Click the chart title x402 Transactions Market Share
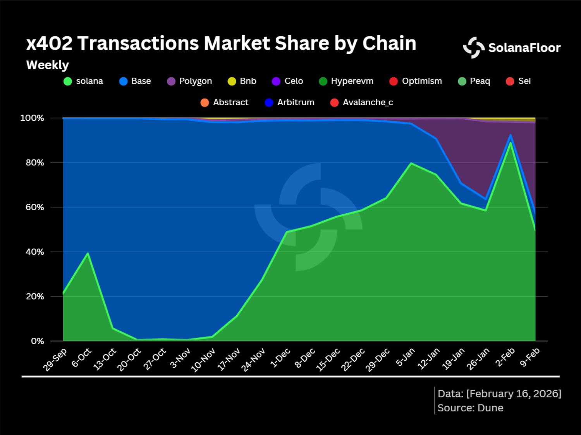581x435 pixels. pos(221,43)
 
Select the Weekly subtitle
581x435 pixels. pos(47,65)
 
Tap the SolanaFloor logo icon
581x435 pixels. pos(473,48)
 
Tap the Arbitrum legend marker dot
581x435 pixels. pos(269,103)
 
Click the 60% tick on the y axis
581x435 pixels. pos(35,207)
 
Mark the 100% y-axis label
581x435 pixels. pos(32,118)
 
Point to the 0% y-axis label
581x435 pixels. pos(38,341)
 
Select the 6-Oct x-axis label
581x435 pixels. pos(82,358)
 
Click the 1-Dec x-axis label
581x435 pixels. pos(280,358)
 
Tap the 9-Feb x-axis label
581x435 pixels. pos(529,358)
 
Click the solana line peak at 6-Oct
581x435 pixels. pos(88,253)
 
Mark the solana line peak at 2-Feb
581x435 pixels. pos(511,143)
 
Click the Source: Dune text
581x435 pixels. pos(470,408)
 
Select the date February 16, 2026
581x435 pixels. pos(513,394)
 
